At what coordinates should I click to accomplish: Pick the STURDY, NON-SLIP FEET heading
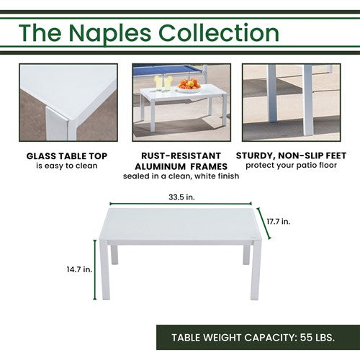[296, 155]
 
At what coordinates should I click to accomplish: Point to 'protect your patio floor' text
[296, 166]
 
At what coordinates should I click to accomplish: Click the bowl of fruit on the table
[189, 86]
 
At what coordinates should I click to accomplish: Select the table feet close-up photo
[296, 102]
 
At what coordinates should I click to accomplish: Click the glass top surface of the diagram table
[180, 223]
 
